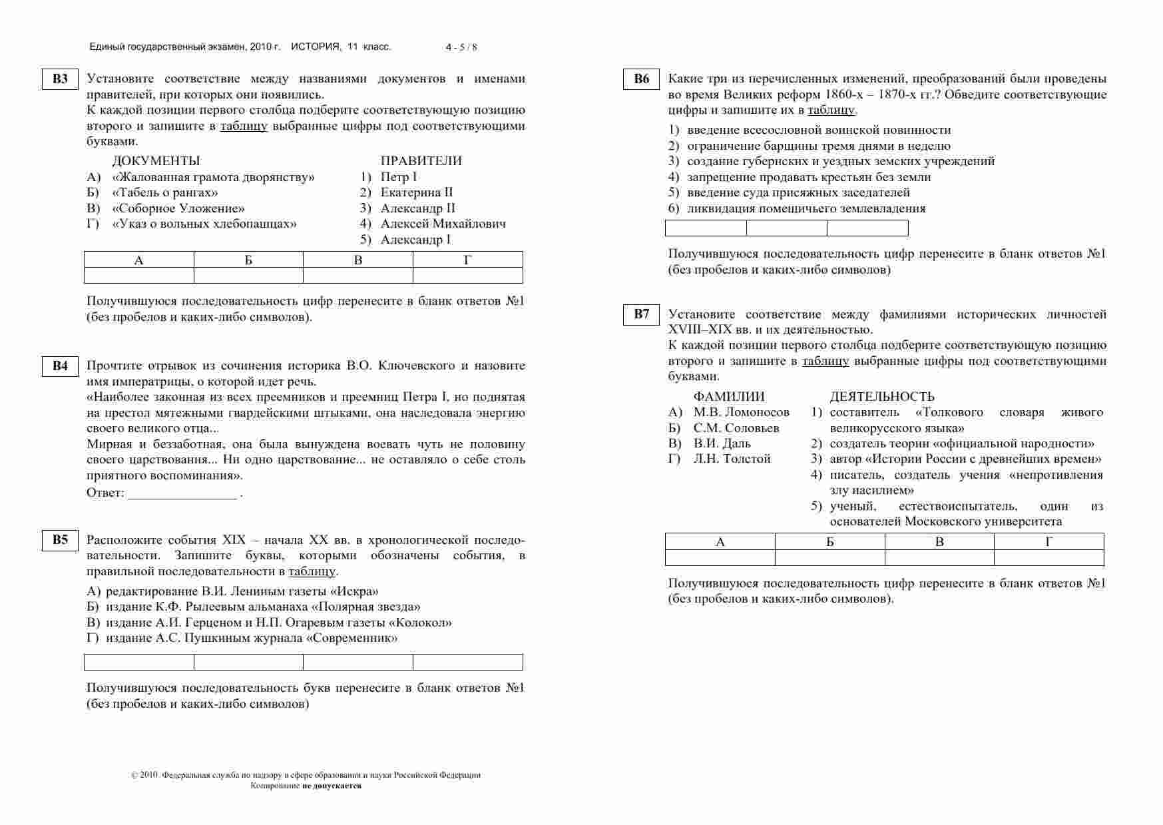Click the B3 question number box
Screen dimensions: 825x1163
60,79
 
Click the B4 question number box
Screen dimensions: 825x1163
60,366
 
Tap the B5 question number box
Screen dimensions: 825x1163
60,540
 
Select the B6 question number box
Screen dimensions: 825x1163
641,79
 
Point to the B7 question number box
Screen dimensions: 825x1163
641,314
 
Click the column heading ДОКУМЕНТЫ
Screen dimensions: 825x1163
156,161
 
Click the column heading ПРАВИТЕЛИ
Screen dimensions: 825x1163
421,161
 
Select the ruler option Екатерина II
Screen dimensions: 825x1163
416,192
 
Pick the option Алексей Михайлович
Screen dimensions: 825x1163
443,224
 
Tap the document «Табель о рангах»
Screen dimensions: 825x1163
165,192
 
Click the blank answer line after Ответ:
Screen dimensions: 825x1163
182,494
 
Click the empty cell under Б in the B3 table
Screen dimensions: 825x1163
248,275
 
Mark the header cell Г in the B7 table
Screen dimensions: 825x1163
1048,541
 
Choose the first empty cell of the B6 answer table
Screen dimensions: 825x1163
706,228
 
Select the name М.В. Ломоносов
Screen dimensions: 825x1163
741,412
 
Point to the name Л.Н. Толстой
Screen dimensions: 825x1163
732,459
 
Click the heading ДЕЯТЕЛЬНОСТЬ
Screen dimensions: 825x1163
881,397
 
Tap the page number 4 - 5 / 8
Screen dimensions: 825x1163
461,47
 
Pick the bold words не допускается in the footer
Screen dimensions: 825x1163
332,786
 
